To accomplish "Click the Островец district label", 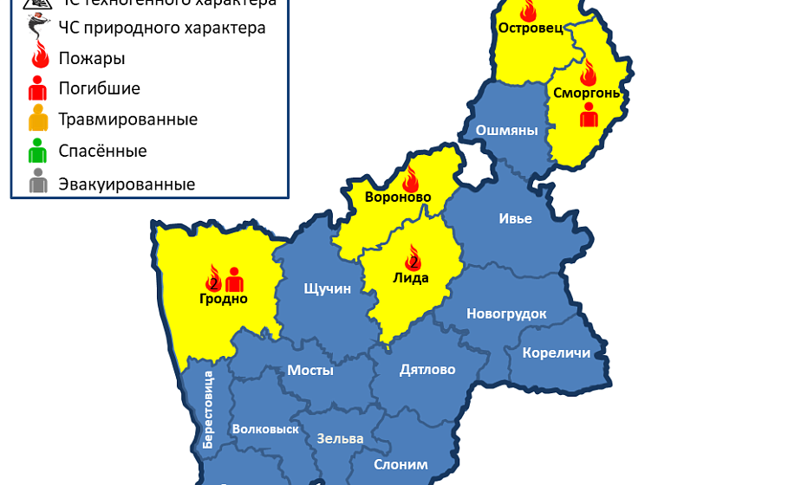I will [531, 28].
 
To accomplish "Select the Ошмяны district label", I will [507, 131].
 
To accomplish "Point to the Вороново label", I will [398, 197].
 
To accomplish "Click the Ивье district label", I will [515, 218].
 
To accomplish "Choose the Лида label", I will [411, 278].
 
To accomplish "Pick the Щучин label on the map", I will [327, 288].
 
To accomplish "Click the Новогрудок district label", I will [507, 314].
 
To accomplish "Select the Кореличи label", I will [557, 352].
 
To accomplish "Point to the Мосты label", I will [310, 371].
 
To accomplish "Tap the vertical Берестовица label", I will [208, 409].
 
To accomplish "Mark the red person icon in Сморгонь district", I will [589, 115].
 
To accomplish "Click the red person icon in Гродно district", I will [234, 279].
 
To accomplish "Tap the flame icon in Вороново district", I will [410, 179].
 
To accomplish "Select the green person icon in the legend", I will [37, 151].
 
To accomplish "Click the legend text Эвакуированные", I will [127, 184].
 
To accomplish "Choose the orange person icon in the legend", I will [37, 119].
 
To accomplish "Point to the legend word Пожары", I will [91, 59].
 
